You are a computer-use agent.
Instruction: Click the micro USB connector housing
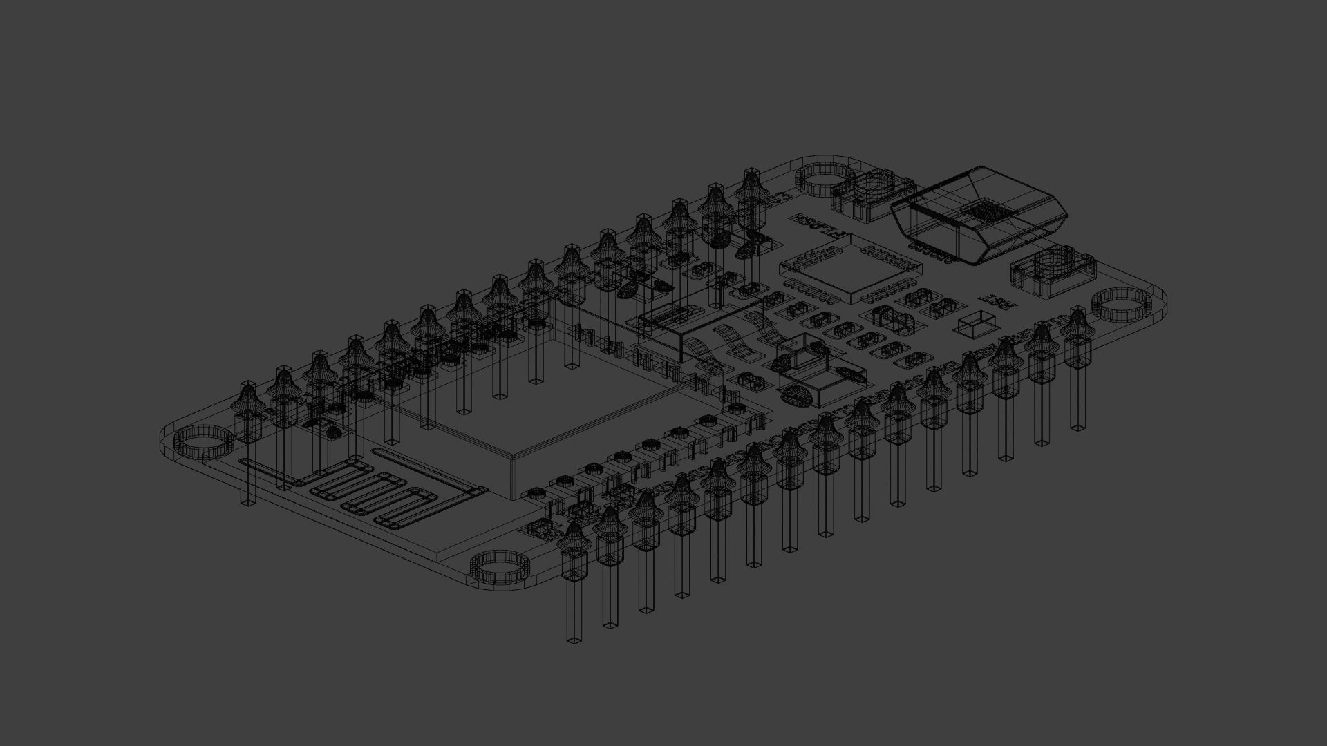coord(978,214)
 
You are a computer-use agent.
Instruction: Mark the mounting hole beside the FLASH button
coord(825,181)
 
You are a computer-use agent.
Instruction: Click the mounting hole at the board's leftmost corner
coord(203,442)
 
